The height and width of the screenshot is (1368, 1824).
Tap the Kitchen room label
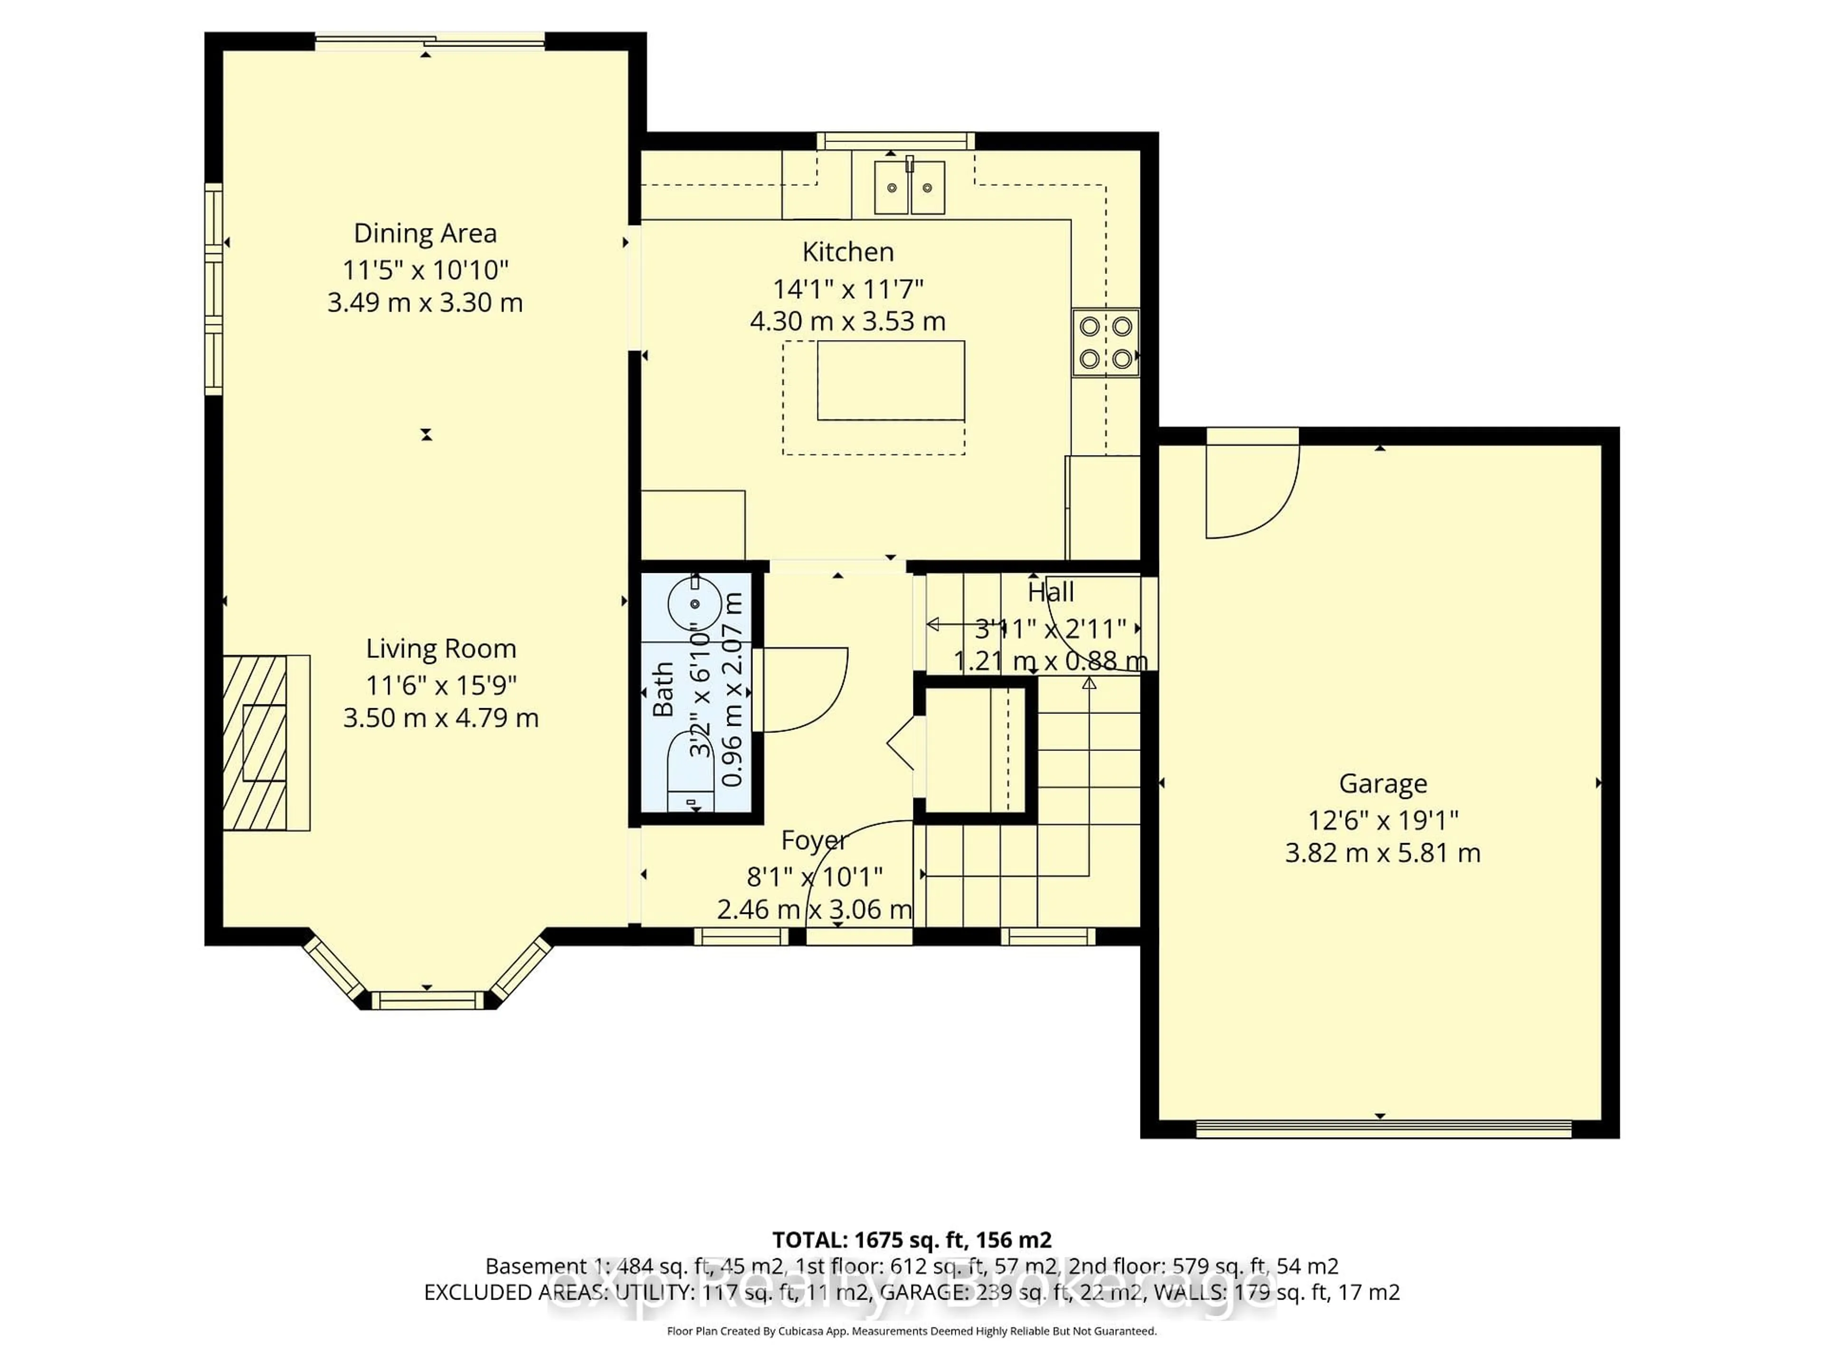pyautogui.click(x=848, y=251)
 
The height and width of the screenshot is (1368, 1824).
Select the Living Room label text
pyautogui.click(x=441, y=649)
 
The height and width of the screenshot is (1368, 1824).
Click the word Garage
pyautogui.click(x=1383, y=783)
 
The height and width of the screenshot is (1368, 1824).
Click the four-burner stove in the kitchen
pyautogui.click(x=1105, y=342)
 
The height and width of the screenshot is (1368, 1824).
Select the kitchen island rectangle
pyautogui.click(x=891, y=380)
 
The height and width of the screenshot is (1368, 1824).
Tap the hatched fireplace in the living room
pyautogui.click(x=256, y=742)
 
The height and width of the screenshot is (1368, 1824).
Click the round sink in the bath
pyautogui.click(x=694, y=604)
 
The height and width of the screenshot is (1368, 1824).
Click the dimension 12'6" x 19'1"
pyautogui.click(x=1383, y=820)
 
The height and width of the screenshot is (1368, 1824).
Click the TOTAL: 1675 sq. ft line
pyautogui.click(x=911, y=1239)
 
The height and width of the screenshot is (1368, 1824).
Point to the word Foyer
pyautogui.click(x=813, y=840)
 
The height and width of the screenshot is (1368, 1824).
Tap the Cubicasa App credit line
pyautogui.click(x=911, y=1331)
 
